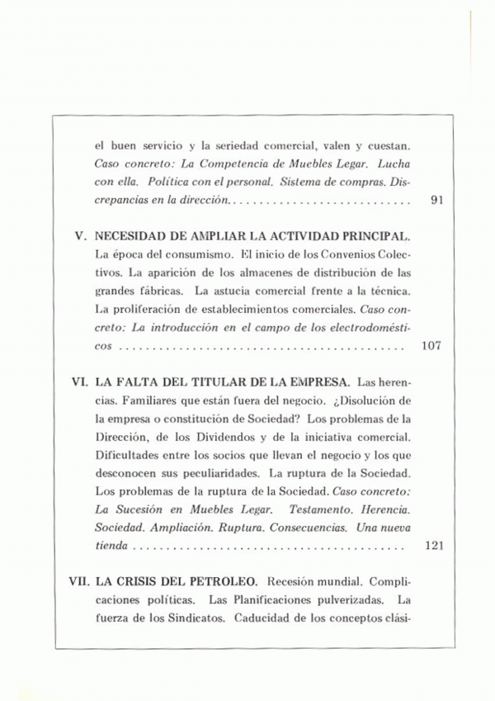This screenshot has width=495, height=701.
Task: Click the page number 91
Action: coord(438,200)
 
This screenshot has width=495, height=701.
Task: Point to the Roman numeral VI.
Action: coord(78,382)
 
